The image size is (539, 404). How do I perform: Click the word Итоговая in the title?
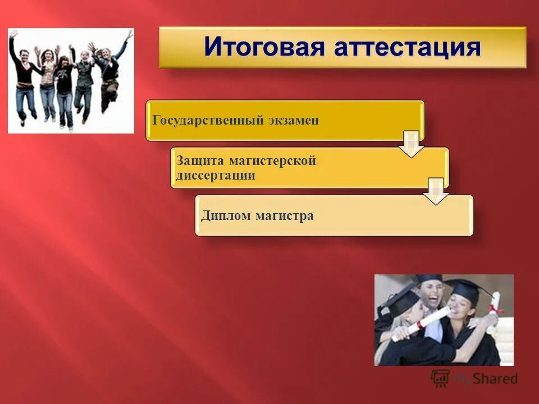(266, 47)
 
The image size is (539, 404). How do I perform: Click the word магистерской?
(273, 161)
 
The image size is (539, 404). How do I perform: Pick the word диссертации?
(216, 175)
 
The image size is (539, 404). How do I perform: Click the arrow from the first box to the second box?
(411, 144)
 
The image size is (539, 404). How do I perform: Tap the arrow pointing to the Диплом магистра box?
(436, 191)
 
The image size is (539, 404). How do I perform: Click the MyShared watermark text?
(485, 379)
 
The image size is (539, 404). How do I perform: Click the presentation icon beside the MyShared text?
(441, 379)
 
